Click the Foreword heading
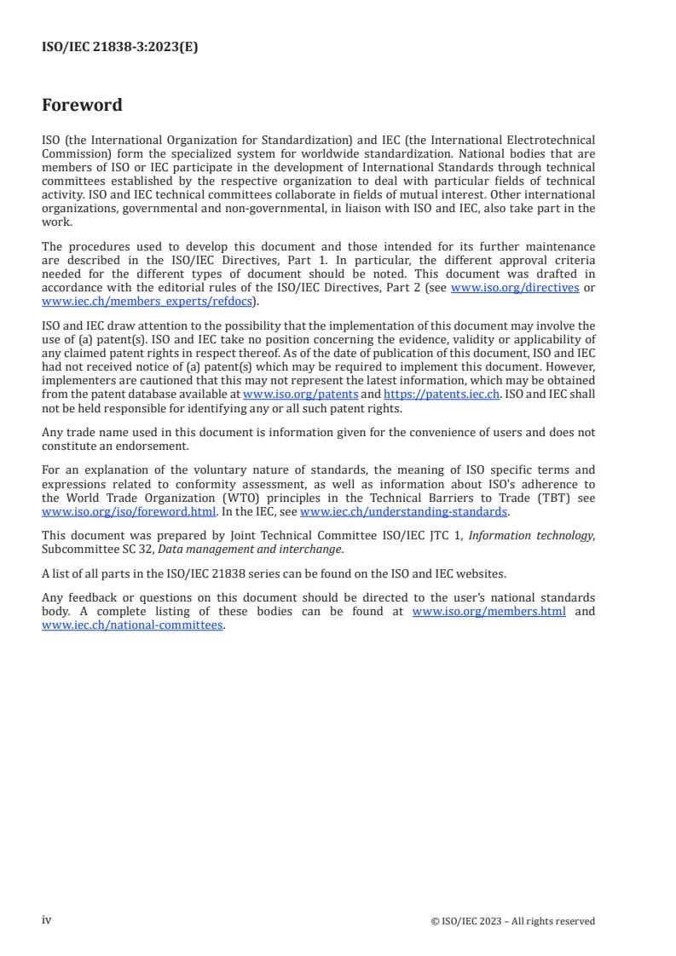coord(82,105)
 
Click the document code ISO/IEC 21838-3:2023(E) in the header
coord(119,48)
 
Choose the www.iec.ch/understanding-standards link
coord(404,512)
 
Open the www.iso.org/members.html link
coord(488,612)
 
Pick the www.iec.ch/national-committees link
coord(132,625)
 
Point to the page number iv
coord(47,920)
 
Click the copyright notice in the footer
coord(513,921)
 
